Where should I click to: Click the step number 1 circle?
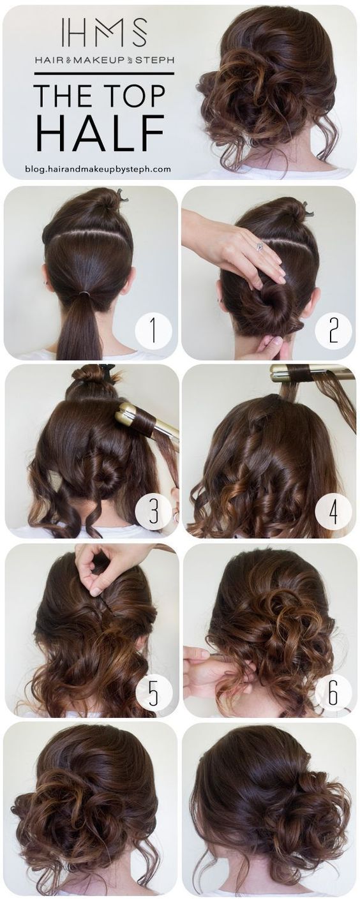(x=153, y=331)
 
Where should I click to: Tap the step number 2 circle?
(x=333, y=331)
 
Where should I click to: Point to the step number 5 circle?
(x=154, y=691)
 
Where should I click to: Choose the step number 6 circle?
(x=333, y=691)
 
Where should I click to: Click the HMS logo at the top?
(x=104, y=33)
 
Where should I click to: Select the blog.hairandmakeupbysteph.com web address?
(x=98, y=169)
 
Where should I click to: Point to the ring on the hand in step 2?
(x=259, y=246)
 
